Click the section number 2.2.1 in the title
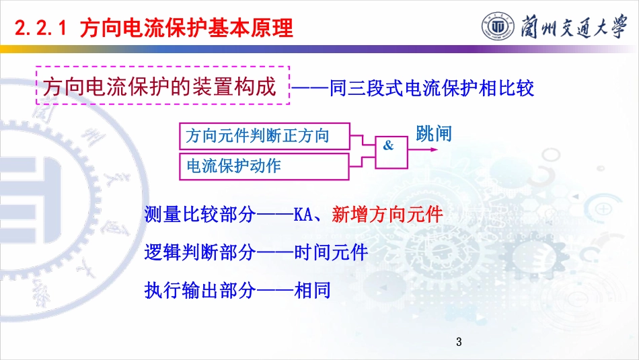40,28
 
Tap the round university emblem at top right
498,27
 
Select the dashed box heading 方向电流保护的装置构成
163,85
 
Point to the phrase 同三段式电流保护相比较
431,88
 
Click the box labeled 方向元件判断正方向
264,136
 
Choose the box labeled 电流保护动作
264,166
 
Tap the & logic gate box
391,152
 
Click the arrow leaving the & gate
422,149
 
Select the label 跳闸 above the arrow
434,134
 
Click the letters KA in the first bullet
303,215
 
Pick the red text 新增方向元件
387,215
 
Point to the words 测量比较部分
200,215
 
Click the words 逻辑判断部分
200,252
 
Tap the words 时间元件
331,252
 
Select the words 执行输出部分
200,290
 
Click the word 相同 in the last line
312,290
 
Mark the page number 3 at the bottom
459,342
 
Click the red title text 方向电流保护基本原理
186,28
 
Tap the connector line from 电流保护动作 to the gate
362,160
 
